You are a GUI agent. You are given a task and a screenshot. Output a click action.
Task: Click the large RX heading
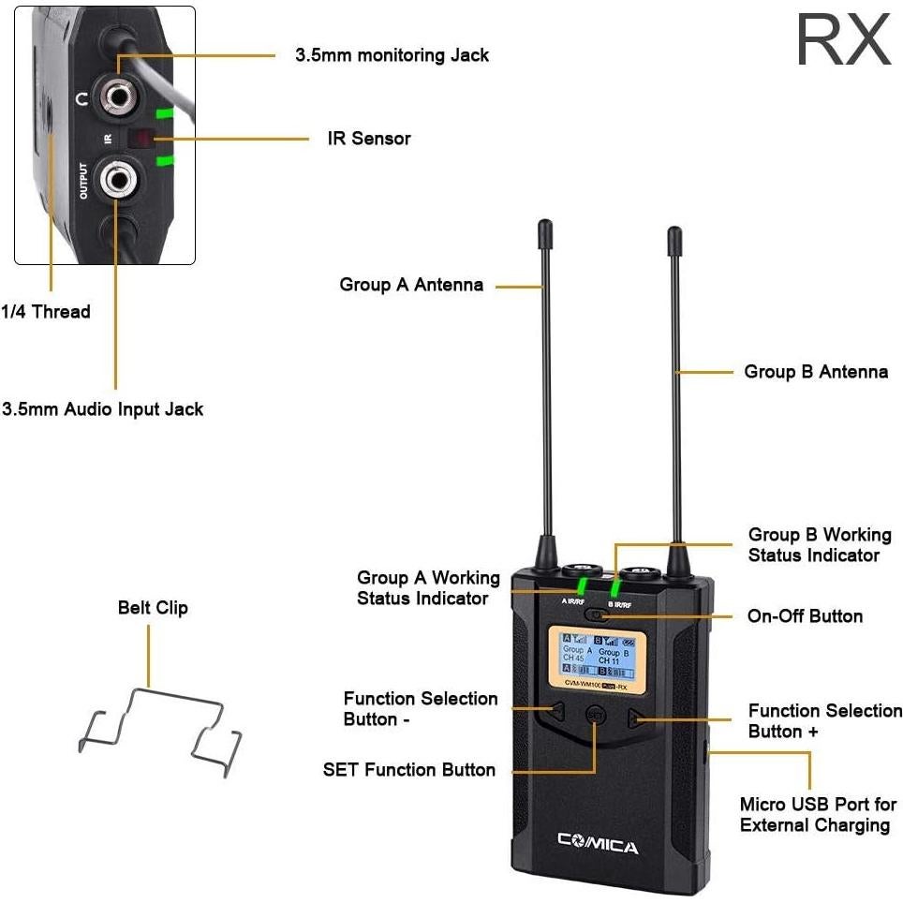(842, 39)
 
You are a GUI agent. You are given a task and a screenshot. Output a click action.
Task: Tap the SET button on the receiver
(595, 715)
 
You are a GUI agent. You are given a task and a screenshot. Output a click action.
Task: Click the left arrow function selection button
(556, 713)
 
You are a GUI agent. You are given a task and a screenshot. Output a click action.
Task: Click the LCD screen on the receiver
(596, 662)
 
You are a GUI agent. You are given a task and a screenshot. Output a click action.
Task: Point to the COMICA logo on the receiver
(598, 846)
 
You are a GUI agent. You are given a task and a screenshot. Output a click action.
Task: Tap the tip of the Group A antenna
(544, 227)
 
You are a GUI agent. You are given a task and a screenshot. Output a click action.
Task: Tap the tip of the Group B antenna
(674, 232)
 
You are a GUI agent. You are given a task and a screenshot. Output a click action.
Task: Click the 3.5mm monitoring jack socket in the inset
(120, 96)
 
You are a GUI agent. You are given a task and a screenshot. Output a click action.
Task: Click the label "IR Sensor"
(369, 139)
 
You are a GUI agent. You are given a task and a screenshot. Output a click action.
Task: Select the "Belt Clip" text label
(153, 608)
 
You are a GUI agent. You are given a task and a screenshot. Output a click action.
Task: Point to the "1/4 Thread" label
(46, 312)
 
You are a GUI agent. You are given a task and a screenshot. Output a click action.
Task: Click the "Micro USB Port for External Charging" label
(818, 815)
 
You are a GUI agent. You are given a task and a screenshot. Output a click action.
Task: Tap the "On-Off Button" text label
(805, 616)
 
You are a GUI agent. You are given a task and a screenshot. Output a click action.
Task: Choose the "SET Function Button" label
(409, 770)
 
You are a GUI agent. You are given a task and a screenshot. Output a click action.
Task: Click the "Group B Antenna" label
(816, 372)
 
